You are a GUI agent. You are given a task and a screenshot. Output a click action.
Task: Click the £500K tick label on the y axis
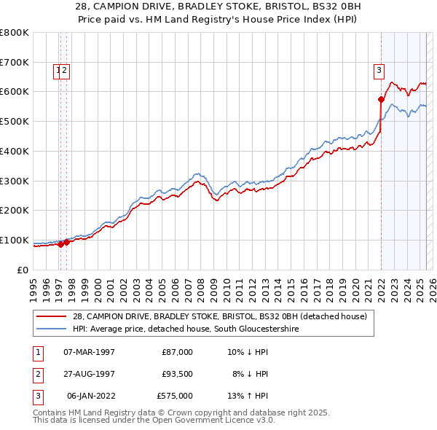tap(15, 121)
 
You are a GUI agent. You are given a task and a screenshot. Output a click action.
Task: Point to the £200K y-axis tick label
tap(15, 210)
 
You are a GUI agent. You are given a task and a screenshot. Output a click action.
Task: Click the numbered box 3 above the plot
tap(379, 71)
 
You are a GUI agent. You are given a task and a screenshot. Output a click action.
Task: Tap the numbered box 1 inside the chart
tap(57, 71)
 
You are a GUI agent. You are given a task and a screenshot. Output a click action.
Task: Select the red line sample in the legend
tap(52, 316)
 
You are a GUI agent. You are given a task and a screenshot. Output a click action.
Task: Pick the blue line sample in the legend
tap(52, 329)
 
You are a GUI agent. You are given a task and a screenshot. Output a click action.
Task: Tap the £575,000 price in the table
tap(175, 396)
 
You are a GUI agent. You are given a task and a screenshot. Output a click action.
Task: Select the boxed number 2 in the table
tap(36, 374)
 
